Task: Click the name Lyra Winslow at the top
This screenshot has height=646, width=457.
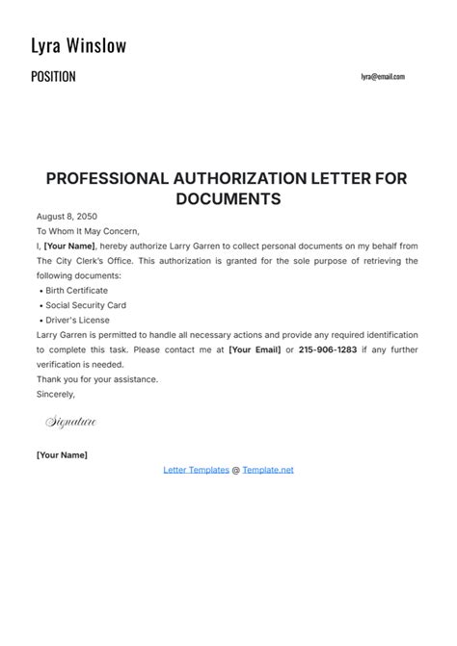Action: point(79,46)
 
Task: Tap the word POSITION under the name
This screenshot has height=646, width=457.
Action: point(53,77)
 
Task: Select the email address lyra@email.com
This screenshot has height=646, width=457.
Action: point(383,77)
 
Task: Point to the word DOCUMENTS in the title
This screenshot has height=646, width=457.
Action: point(228,199)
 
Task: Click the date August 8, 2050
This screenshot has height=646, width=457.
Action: point(67,217)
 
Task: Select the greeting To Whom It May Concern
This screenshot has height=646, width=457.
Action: point(88,231)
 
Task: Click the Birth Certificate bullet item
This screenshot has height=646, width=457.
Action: point(76,290)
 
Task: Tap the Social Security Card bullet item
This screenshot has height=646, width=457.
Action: point(85,305)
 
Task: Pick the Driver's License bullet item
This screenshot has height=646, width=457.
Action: point(77,320)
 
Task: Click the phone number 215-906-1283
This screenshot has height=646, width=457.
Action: point(329,349)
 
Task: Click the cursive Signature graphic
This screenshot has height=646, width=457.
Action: point(70,423)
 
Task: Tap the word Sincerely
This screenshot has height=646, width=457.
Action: point(55,394)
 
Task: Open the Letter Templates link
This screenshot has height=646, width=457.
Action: point(196,470)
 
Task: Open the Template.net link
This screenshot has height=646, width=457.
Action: point(268,470)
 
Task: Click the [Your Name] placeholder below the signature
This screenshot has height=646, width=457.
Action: point(62,454)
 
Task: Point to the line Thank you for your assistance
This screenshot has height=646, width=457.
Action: point(96,379)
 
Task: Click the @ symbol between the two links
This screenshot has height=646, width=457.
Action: point(236,470)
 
